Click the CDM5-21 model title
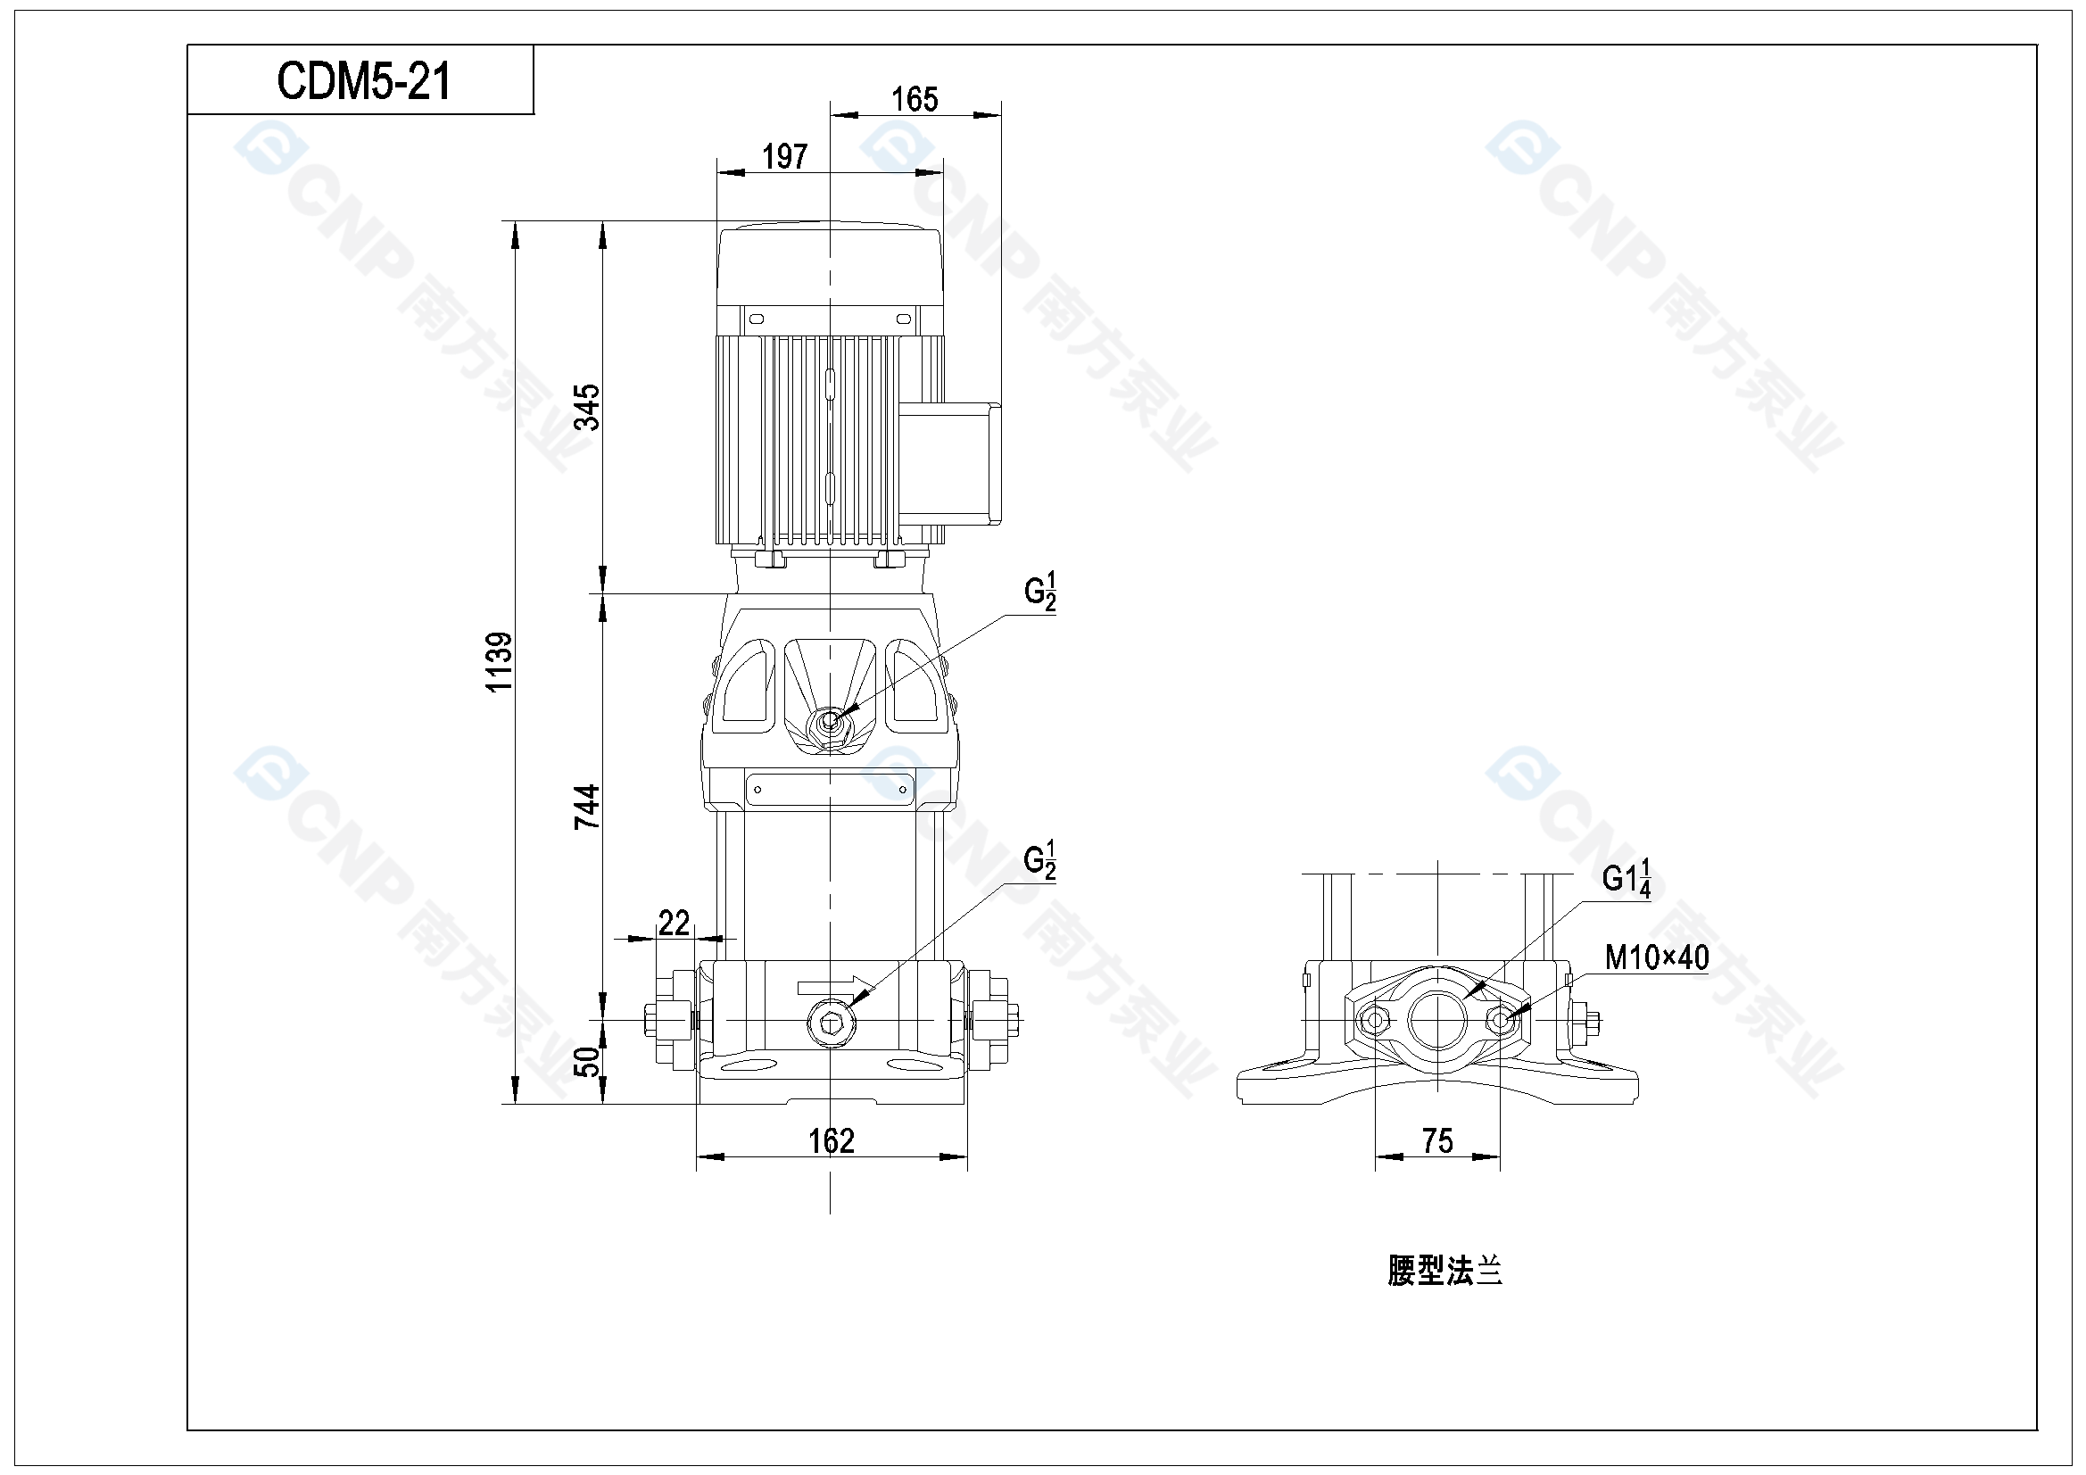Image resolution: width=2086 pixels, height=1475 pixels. pos(363,81)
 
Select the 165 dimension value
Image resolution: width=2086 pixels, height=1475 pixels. pos(914,99)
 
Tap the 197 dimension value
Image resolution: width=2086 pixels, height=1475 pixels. pos(784,156)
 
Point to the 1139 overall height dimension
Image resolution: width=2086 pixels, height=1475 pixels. pos(499,661)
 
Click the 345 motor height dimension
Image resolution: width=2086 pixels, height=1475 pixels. pos(587,406)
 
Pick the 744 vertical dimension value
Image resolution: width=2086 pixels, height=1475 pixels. pos(587,806)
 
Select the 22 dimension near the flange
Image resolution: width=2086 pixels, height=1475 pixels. pos(674,923)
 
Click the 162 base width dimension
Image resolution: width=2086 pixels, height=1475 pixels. pos(832,1140)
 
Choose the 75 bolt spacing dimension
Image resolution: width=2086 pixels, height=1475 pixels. pos(1437,1140)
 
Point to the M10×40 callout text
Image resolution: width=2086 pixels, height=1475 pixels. pos(1656,957)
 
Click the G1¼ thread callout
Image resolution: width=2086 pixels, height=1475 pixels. pos(1627,878)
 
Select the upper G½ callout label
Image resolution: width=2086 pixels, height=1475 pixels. pos(1040,591)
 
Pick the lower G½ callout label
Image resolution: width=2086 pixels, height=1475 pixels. pos(1040,859)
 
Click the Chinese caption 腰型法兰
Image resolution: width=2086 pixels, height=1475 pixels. pos(1444,1271)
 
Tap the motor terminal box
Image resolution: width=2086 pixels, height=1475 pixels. pos(949,463)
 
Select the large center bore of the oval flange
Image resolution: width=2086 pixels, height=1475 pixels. pos(1438,1020)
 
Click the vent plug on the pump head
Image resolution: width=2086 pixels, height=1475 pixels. pos(829,722)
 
